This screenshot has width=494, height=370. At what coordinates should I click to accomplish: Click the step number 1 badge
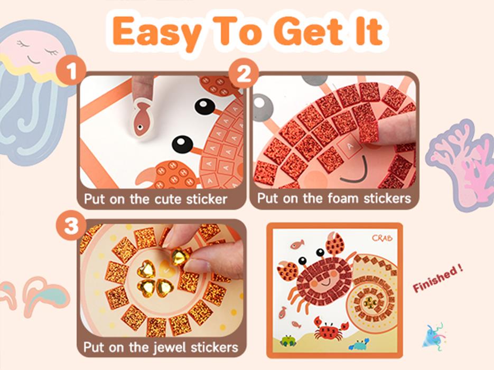tap(71, 70)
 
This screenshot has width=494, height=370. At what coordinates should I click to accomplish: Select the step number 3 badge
tap(71, 226)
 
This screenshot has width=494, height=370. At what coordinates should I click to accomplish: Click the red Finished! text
tap(437, 279)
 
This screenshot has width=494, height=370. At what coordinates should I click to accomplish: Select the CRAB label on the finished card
tap(382, 238)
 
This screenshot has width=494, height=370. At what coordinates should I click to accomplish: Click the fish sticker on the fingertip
tap(142, 118)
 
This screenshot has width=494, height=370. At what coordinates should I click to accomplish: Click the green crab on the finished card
tap(287, 341)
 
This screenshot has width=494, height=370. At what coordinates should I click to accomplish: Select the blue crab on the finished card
tap(359, 345)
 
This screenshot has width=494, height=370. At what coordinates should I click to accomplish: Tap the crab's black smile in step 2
tap(356, 172)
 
